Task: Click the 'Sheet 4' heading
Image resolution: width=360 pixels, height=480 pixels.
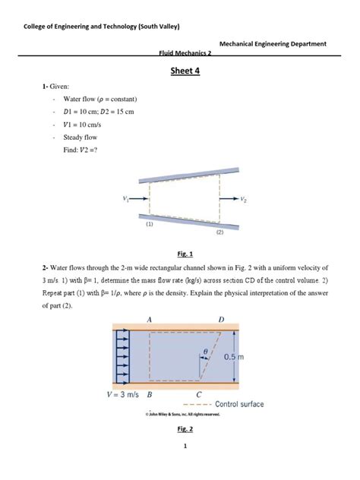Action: point(179,71)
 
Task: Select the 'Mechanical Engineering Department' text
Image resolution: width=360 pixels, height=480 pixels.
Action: point(273,44)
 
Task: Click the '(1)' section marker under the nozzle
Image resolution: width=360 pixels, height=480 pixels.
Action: point(150,225)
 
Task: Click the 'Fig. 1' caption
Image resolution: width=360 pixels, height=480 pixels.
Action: point(179,254)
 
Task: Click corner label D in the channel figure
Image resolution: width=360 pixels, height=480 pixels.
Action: point(220,320)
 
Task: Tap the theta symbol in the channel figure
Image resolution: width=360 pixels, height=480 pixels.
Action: point(205,352)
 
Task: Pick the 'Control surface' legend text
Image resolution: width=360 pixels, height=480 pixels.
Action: point(240,404)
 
